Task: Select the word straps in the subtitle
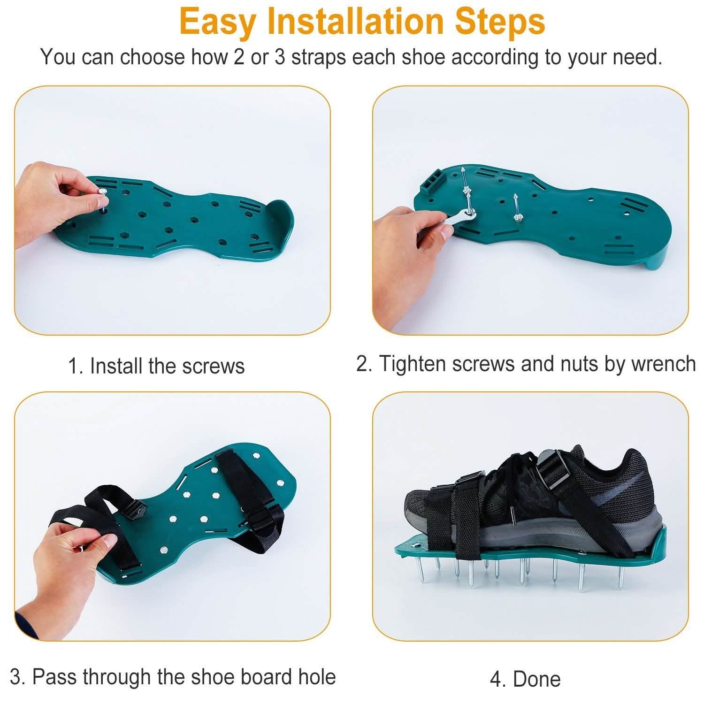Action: (318, 57)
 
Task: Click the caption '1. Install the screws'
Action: (156, 366)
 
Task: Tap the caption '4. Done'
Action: (525, 679)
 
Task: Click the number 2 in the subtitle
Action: (239, 57)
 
